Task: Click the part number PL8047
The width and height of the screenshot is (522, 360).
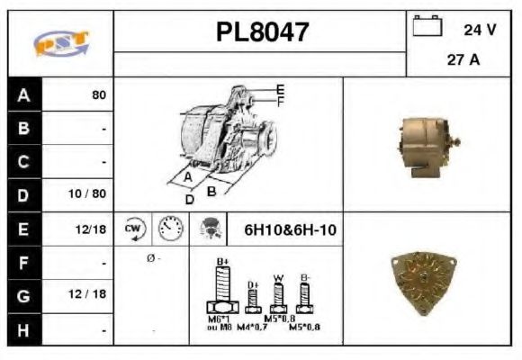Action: coord(261,32)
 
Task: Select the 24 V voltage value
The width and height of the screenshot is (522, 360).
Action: coord(480,30)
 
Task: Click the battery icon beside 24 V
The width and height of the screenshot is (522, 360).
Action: coord(426,28)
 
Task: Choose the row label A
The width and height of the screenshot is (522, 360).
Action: coord(24,94)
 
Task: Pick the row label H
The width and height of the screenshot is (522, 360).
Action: coord(24,331)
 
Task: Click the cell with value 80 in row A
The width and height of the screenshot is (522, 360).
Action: coord(98,94)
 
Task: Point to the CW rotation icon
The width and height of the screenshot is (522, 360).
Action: coord(134,229)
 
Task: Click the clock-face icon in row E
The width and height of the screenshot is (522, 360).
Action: coord(170,229)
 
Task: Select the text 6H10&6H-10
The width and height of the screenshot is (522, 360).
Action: coord(290,230)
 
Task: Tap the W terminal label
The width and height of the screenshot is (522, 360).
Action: coord(279,278)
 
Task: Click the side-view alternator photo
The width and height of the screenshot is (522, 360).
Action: coord(424,144)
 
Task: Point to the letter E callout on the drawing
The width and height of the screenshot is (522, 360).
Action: coord(280,89)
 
